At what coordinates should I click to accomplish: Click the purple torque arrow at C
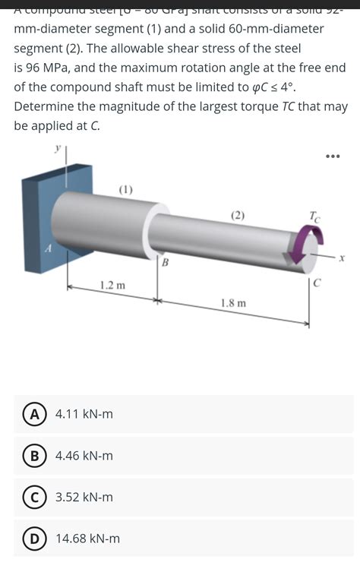[x=301, y=251]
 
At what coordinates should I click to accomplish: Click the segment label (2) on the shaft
[x=238, y=215]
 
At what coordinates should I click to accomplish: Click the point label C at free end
[x=318, y=282]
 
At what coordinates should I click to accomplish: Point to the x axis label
[x=342, y=258]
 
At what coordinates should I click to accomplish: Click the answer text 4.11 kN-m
[x=84, y=414]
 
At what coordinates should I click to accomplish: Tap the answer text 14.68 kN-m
[x=88, y=539]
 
